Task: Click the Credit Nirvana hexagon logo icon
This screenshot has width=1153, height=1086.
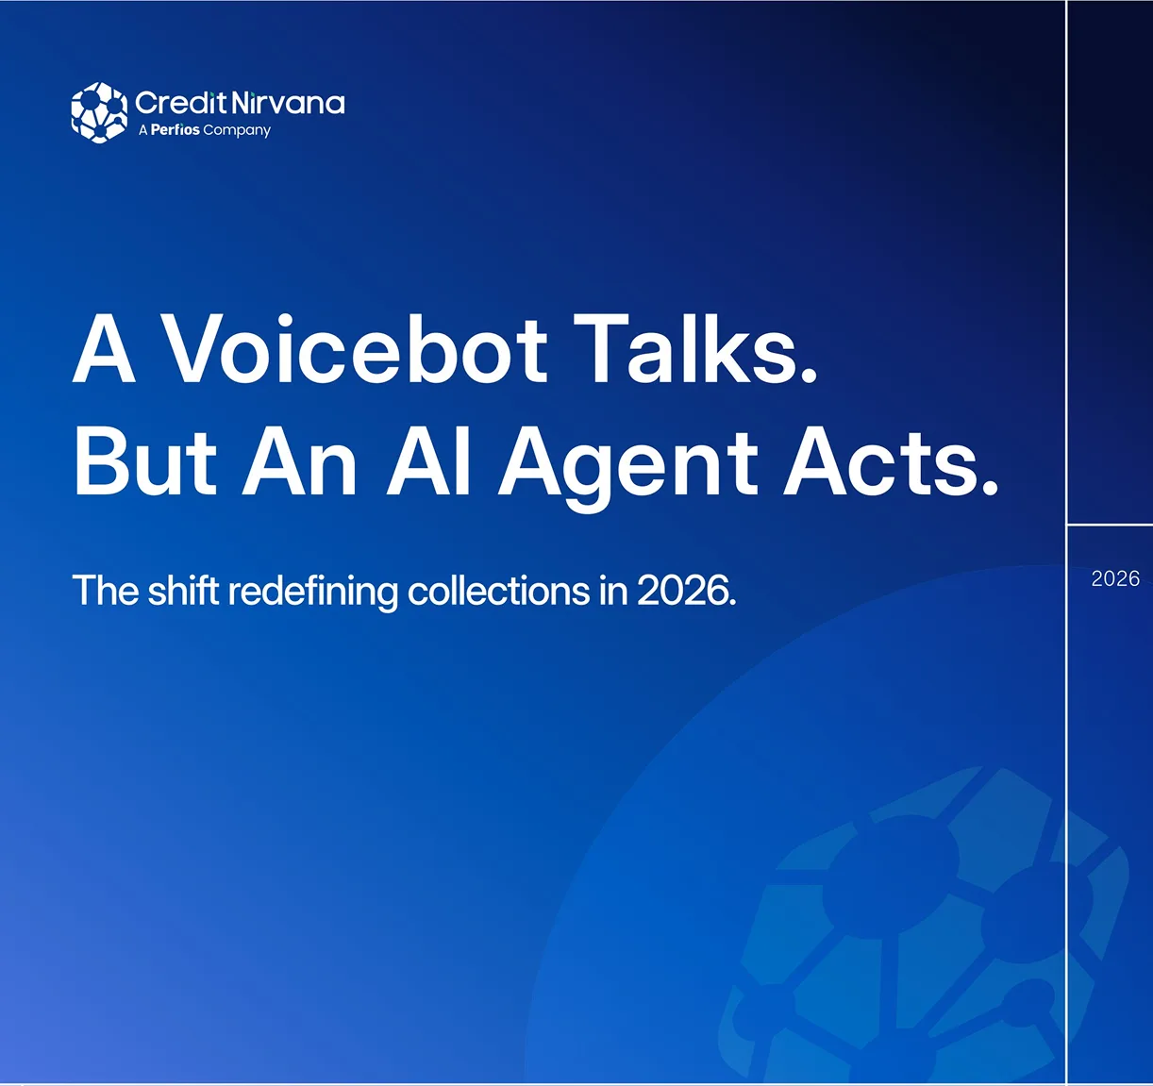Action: (99, 112)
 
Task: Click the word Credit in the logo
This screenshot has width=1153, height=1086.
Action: (180, 103)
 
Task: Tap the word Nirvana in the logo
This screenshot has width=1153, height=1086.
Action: (288, 103)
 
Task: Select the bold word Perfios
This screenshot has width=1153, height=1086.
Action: (175, 129)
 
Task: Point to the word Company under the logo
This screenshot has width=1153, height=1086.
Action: (237, 130)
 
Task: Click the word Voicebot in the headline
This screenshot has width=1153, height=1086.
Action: (354, 348)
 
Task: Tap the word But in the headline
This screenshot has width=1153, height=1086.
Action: (145, 461)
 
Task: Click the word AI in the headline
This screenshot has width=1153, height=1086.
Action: (428, 461)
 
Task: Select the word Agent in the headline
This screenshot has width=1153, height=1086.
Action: (628, 469)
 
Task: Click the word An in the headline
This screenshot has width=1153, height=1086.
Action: (299, 461)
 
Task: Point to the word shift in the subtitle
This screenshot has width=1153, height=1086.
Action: (183, 590)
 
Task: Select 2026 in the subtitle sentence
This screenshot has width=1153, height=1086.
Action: (687, 590)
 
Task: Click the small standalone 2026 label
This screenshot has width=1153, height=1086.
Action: (1115, 579)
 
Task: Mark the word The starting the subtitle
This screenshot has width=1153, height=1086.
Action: (106, 590)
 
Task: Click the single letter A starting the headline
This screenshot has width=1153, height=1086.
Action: (105, 348)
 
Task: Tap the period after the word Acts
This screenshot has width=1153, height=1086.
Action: (990, 487)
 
